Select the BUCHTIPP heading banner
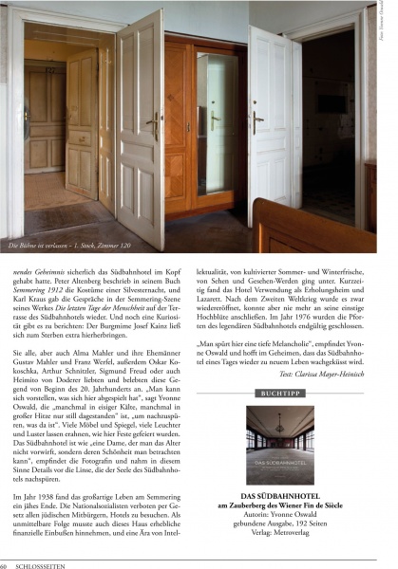(x=292, y=391)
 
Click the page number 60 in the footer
(x=6, y=564)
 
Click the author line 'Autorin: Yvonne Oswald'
(x=292, y=515)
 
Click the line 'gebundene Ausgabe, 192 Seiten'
(x=292, y=524)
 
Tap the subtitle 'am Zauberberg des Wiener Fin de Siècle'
(x=292, y=505)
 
